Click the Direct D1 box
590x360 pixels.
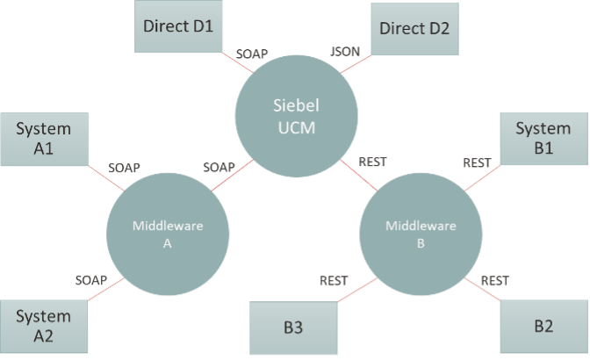click(x=180, y=26)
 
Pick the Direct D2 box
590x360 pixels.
click(x=414, y=29)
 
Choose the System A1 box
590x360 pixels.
click(x=44, y=139)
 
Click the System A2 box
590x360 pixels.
click(x=44, y=326)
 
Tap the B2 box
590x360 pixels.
click(x=543, y=327)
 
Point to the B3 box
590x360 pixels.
click(x=293, y=328)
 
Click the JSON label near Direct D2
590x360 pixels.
click(x=345, y=52)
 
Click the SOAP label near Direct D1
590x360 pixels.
click(x=252, y=54)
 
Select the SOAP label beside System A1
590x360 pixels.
click(x=125, y=167)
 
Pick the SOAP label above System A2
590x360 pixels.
click(x=91, y=280)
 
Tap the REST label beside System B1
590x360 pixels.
click(x=477, y=163)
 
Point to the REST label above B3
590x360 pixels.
click(x=334, y=281)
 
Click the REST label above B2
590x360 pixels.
click(x=495, y=281)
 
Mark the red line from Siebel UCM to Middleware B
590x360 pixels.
click(x=359, y=174)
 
